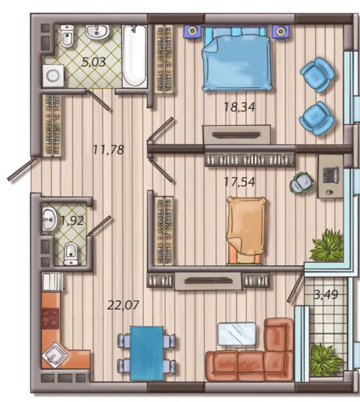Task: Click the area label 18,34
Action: coord(239,107)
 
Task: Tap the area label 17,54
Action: coord(239,182)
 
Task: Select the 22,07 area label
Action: coord(123,305)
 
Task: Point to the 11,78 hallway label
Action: coord(109,149)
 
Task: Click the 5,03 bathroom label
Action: coord(94,62)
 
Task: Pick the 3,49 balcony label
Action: coord(326,295)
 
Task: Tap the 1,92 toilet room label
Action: coord(72,220)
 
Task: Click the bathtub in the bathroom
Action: coord(134,56)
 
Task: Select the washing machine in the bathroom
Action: coord(53,75)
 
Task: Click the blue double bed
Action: coord(237,59)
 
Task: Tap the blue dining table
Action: coord(146,353)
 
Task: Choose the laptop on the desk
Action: coord(330,175)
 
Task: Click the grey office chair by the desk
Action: coord(302,183)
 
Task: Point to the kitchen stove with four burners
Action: coord(50,318)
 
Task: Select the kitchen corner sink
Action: coord(55,356)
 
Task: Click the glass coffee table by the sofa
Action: coord(237,334)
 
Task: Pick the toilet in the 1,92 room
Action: coord(71,254)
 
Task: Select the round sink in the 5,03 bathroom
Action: coord(97,32)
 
